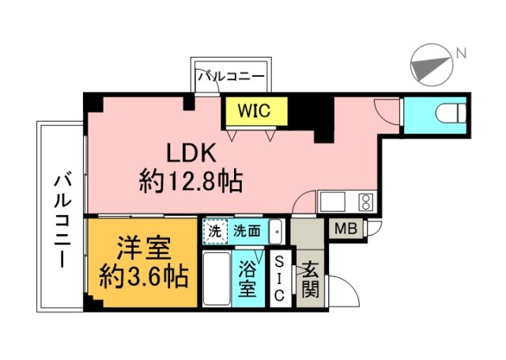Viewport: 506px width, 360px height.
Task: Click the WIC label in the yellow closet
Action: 255,111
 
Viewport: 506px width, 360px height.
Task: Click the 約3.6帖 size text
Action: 143,278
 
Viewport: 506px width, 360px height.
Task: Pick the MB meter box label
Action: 346,230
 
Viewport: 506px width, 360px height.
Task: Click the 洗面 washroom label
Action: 247,232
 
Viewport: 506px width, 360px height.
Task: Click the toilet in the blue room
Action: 451,114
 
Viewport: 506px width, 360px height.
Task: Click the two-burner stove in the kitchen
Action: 366,201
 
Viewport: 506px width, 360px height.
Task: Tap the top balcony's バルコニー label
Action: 230,77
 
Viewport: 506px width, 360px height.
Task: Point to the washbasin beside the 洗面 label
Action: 276,232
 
